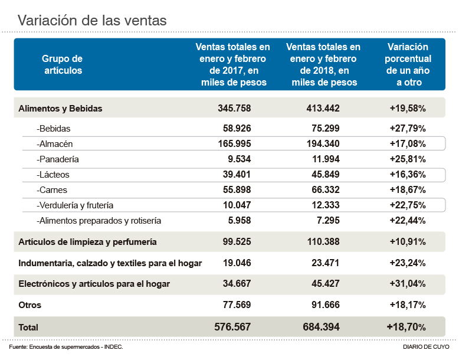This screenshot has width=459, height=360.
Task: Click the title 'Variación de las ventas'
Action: [91, 20]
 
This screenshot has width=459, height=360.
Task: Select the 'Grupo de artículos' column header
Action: [62, 64]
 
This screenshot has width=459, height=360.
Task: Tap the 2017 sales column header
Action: [233, 64]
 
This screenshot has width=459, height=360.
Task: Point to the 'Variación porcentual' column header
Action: [408, 64]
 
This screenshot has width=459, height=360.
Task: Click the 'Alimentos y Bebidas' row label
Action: [61, 109]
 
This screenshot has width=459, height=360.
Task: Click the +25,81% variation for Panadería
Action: [408, 159]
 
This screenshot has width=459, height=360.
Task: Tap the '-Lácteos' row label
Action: [53, 175]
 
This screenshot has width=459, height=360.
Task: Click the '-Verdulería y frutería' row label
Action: [75, 205]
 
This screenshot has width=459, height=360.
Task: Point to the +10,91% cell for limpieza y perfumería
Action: [408, 242]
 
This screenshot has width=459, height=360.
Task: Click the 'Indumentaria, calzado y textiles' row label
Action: [110, 263]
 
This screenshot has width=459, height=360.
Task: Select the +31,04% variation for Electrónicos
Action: [408, 284]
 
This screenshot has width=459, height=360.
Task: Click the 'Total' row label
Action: [28, 327]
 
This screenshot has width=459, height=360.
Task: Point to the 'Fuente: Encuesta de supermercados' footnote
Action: [66, 347]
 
